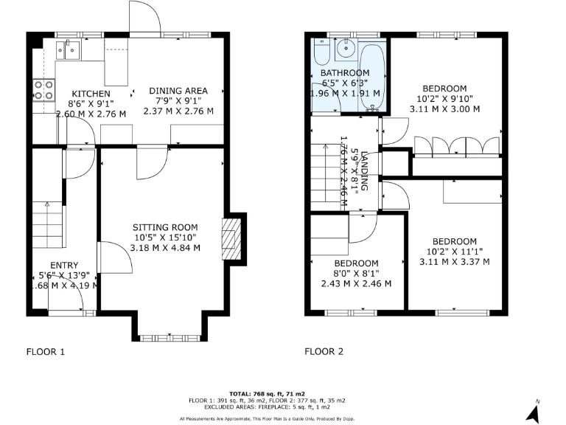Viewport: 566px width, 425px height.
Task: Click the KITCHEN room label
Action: pyautogui.click(x=91, y=94)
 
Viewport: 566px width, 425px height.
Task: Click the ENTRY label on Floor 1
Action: pyautogui.click(x=64, y=266)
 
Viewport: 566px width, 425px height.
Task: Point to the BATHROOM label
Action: pyautogui.click(x=345, y=72)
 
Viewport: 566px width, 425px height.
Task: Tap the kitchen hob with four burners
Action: pyautogui.click(x=44, y=90)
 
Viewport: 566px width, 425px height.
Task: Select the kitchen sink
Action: pyautogui.click(x=71, y=50)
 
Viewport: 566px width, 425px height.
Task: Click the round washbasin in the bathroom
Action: pyautogui.click(x=344, y=49)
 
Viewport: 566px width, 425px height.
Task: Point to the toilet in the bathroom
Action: pyautogui.click(x=321, y=54)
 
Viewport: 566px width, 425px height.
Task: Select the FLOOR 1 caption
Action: pyautogui.click(x=46, y=351)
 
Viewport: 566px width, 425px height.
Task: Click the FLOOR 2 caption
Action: pyautogui.click(x=324, y=351)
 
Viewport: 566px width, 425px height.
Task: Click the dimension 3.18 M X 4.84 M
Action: pyautogui.click(x=165, y=247)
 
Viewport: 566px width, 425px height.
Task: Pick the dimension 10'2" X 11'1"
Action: pyautogui.click(x=454, y=251)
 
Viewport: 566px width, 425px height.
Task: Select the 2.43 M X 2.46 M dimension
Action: pyautogui.click(x=356, y=283)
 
